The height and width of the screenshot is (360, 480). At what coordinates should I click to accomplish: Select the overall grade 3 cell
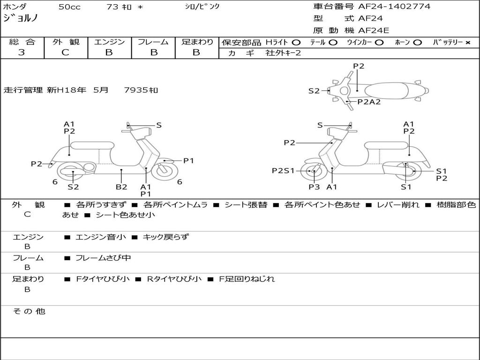click(22, 52)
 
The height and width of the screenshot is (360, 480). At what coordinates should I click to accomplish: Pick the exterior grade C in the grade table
click(66, 52)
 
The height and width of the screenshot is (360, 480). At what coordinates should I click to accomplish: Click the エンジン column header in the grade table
click(109, 42)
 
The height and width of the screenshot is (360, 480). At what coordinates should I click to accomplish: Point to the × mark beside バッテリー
click(467, 43)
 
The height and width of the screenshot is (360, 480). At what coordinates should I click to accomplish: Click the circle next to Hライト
click(296, 43)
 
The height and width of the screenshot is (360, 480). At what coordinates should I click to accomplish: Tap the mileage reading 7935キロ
click(141, 90)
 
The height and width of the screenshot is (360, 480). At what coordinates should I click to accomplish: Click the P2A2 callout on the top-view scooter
click(369, 102)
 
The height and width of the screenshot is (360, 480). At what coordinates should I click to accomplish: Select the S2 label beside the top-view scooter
click(314, 91)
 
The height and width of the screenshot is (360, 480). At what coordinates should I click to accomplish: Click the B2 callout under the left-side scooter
click(121, 187)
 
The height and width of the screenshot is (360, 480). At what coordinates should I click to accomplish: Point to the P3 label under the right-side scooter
click(314, 187)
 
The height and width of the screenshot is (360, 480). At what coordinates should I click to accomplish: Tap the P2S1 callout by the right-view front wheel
click(283, 171)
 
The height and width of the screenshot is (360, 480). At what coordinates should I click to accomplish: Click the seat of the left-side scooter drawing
click(92, 145)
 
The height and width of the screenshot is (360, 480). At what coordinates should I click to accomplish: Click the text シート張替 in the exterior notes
click(246, 205)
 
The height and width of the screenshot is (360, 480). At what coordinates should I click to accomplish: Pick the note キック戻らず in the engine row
click(165, 237)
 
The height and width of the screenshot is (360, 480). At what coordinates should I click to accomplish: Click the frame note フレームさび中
click(103, 258)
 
